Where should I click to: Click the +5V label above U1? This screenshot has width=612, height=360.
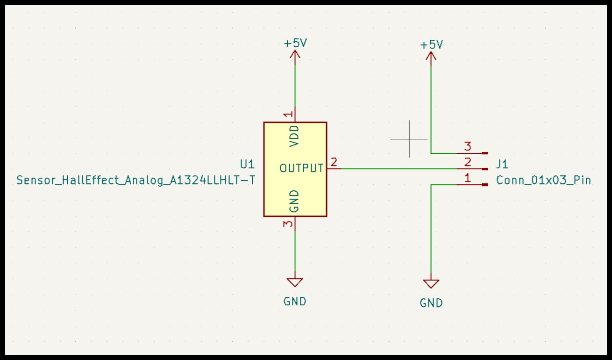pyautogui.click(x=295, y=43)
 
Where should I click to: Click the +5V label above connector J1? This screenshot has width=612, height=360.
pyautogui.click(x=431, y=45)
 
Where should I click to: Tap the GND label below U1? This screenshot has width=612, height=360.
pyautogui.click(x=295, y=302)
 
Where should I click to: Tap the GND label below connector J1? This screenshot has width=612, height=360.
pyautogui.click(x=431, y=303)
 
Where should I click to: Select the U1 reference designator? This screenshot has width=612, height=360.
pyautogui.click(x=247, y=164)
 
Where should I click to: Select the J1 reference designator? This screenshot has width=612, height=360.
pyautogui.click(x=502, y=164)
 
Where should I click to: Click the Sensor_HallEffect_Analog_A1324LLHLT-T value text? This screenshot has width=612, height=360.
pyautogui.click(x=136, y=180)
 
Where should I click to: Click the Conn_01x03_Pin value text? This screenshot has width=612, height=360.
pyautogui.click(x=543, y=180)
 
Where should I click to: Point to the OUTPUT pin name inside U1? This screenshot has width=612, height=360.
pyautogui.click(x=301, y=168)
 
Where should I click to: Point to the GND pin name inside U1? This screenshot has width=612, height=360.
pyautogui.click(x=294, y=201)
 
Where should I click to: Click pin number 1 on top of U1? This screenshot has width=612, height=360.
pyautogui.click(x=288, y=114)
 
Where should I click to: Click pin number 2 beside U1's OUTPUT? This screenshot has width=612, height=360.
pyautogui.click(x=334, y=162)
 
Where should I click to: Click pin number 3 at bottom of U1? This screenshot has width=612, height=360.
pyautogui.click(x=288, y=224)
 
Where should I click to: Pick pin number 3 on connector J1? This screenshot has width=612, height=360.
pyautogui.click(x=468, y=146)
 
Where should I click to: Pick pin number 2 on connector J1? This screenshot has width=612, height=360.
pyautogui.click(x=468, y=162)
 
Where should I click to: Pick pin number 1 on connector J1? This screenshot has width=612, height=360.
pyautogui.click(x=468, y=178)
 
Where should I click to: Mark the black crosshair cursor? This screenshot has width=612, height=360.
pyautogui.click(x=409, y=139)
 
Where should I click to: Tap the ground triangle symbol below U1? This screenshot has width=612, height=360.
pyautogui.click(x=295, y=282)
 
